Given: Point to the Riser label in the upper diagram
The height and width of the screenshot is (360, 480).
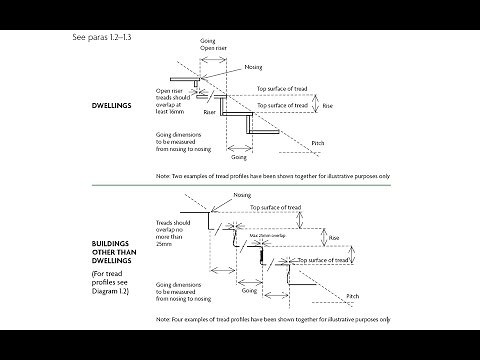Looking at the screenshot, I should click(209, 113).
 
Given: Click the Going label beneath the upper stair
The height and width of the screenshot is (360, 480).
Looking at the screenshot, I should click(239, 157).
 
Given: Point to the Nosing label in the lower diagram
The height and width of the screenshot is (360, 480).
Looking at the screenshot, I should click(241, 195).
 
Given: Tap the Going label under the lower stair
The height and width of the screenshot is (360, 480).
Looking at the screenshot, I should click(249, 291).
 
